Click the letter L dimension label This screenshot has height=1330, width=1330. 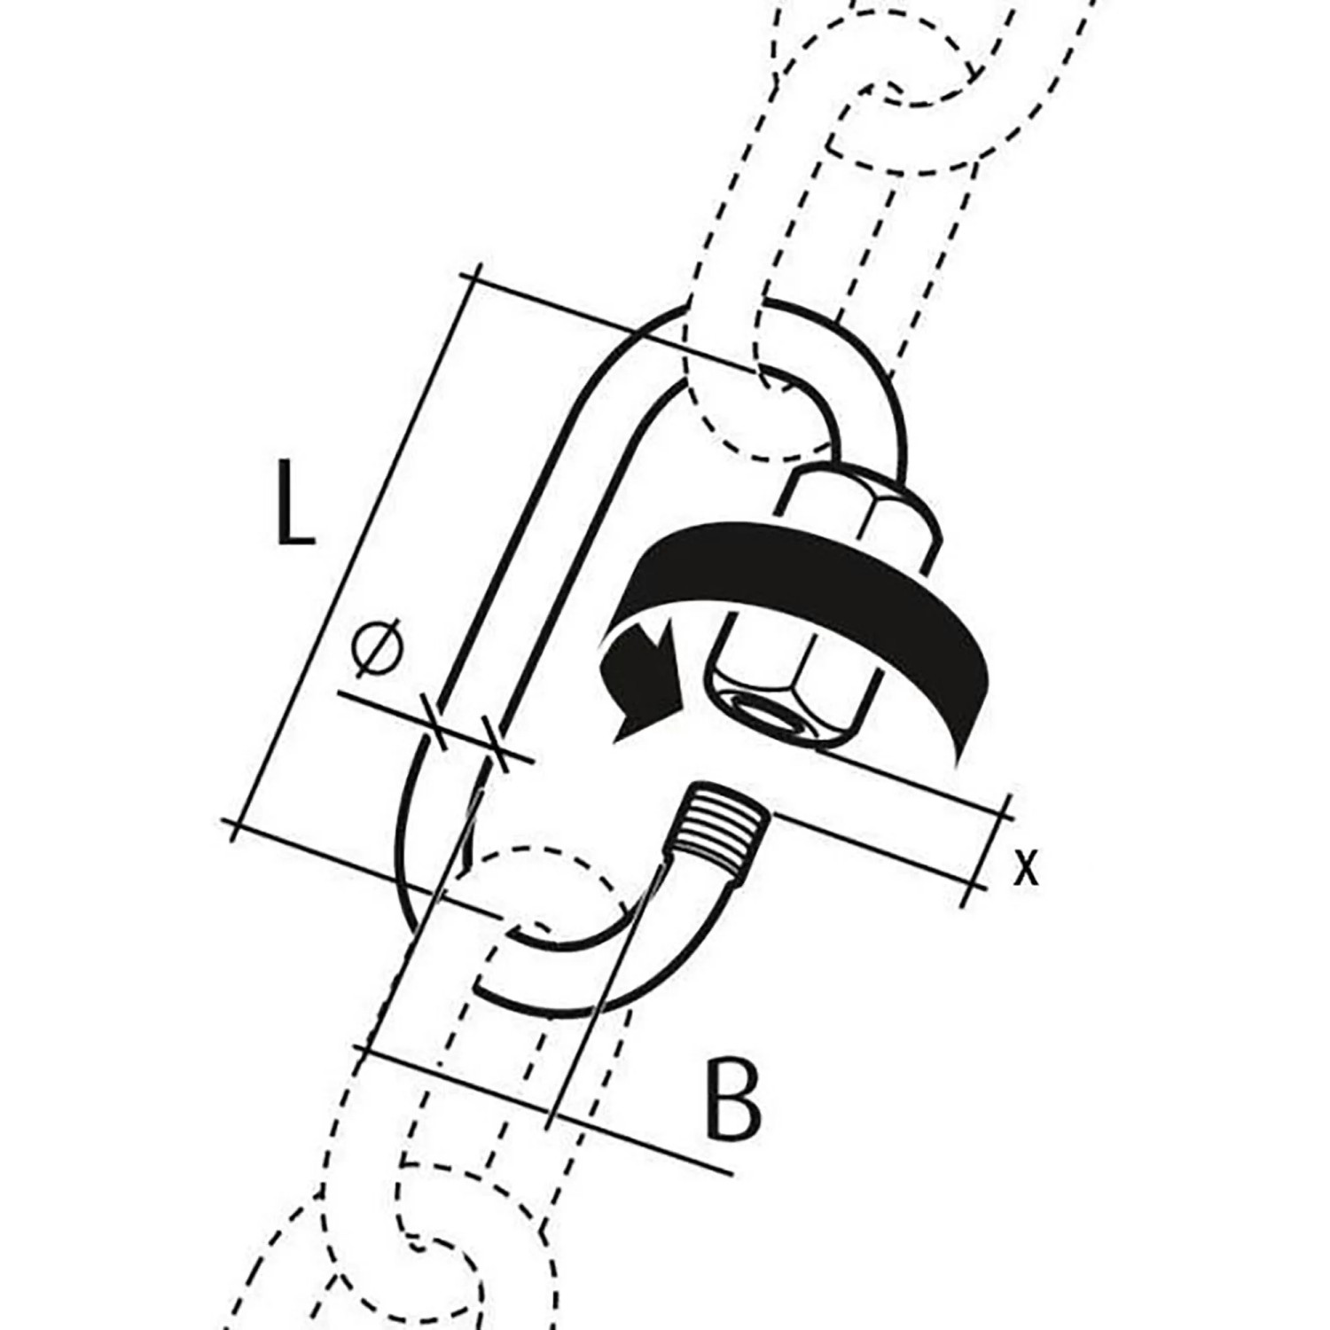294,502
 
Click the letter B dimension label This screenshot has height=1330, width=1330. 734,1098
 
